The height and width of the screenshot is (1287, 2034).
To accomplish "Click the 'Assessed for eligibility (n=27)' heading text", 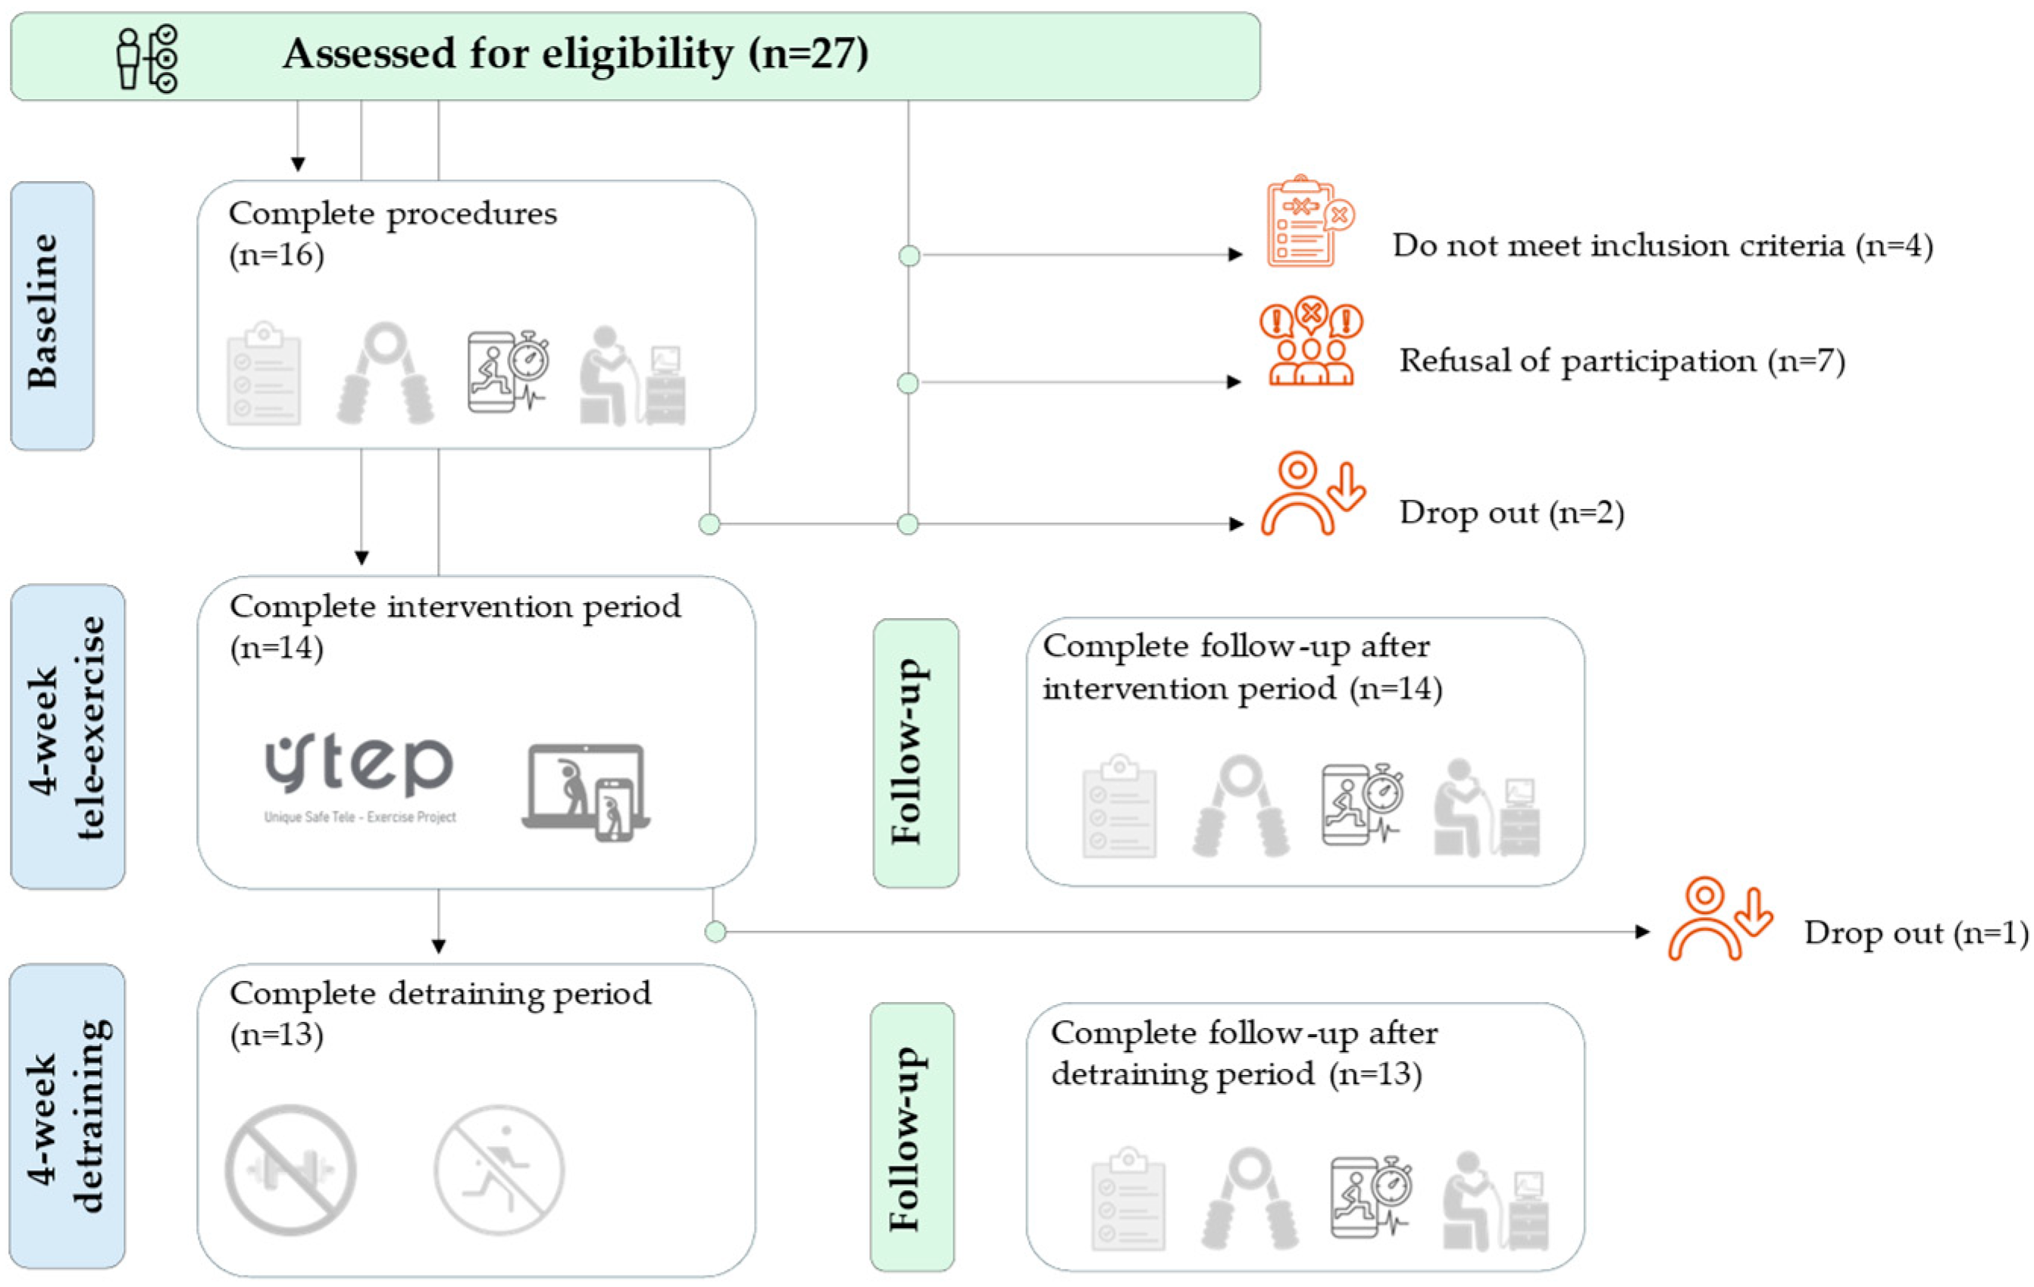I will point(575,54).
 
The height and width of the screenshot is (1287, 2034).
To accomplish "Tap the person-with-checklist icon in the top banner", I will point(147,58).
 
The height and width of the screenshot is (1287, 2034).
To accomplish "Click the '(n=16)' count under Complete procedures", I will point(276,255).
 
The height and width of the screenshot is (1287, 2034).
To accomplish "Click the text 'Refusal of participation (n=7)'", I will point(1622,361).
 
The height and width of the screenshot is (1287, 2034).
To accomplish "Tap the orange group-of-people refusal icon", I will point(1310,342).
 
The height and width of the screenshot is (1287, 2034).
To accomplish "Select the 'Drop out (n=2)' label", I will point(1511,513).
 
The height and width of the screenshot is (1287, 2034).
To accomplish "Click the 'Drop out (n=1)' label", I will point(1916,932).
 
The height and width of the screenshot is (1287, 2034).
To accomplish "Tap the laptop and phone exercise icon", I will point(585,792).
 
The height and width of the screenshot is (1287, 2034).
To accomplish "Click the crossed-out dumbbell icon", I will point(289,1170).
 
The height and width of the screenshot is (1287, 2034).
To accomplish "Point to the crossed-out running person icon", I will point(499,1170).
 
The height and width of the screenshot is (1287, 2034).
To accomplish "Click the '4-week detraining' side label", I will point(67,1116).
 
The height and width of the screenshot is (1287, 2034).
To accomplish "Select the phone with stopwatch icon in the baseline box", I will point(507,372).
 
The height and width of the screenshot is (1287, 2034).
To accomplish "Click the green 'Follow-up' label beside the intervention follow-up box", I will point(915,752).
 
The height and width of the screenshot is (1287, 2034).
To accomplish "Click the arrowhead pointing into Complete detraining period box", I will point(438,947).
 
